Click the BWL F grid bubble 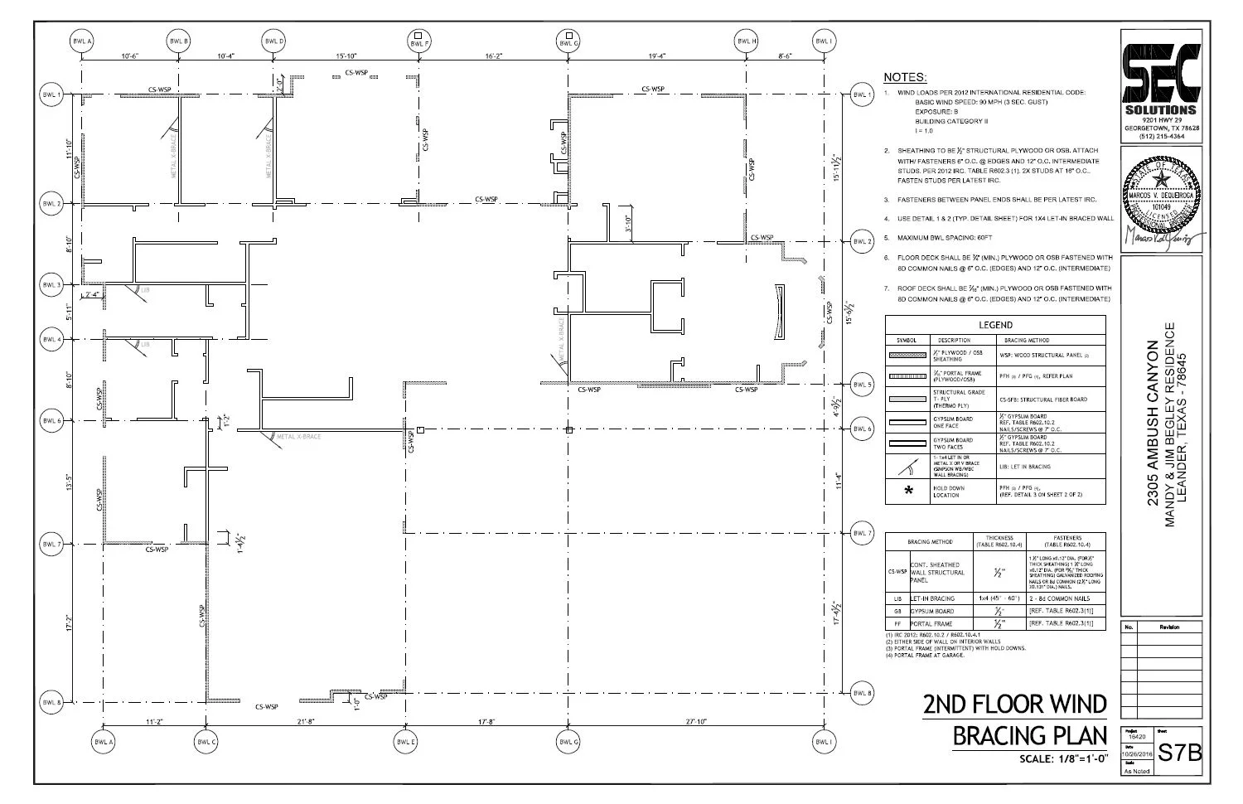pos(420,41)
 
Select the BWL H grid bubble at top pos(747,41)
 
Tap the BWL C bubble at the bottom pos(206,742)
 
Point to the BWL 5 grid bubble pos(863,385)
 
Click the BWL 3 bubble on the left pos(51,284)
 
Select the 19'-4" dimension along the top pos(657,56)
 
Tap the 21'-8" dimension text pos(306,722)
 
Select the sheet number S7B pos(1178,753)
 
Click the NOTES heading pos(904,77)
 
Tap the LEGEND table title pos(995,325)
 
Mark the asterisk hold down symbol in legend pos(909,491)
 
